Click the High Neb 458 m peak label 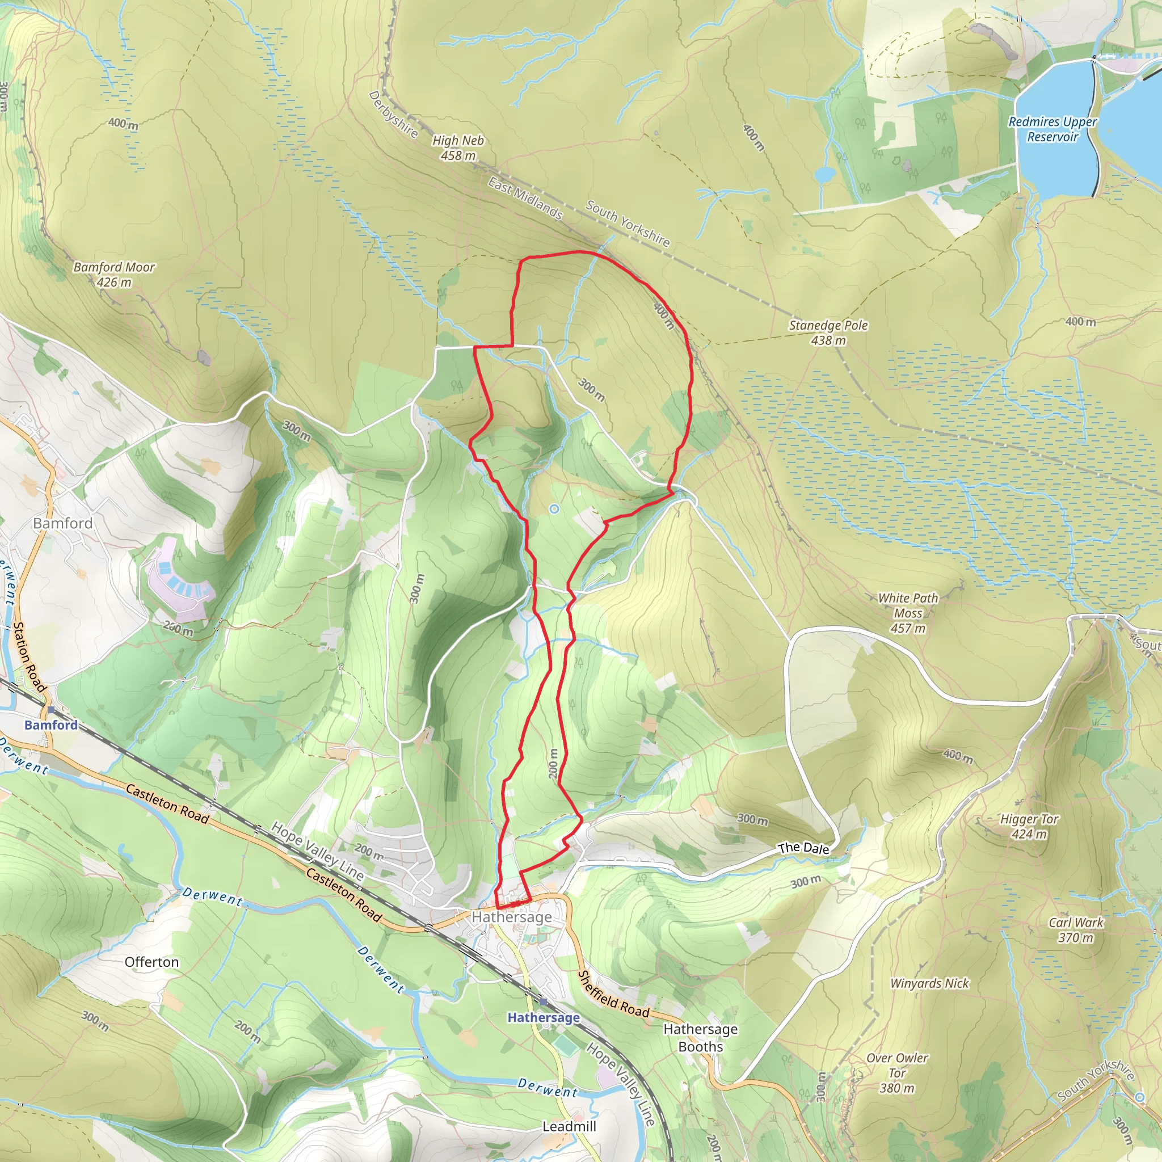point(458,148)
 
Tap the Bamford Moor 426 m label point(114,274)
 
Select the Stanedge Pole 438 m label point(828,332)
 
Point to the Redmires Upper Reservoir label point(1052,129)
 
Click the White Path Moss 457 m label point(908,613)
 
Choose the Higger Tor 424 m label point(1029,826)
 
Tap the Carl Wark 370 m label point(1076,930)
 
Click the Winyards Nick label point(929,983)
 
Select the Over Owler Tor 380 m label point(897,1072)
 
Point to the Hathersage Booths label point(700,1038)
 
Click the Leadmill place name point(569,1126)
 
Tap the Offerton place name point(151,962)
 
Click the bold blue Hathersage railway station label point(544,1017)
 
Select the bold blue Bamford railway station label point(51,725)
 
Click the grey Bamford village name point(62,523)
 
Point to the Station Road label point(30,657)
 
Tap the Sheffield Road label point(613,995)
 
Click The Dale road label point(803,848)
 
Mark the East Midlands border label point(525,199)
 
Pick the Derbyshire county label point(393,113)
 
